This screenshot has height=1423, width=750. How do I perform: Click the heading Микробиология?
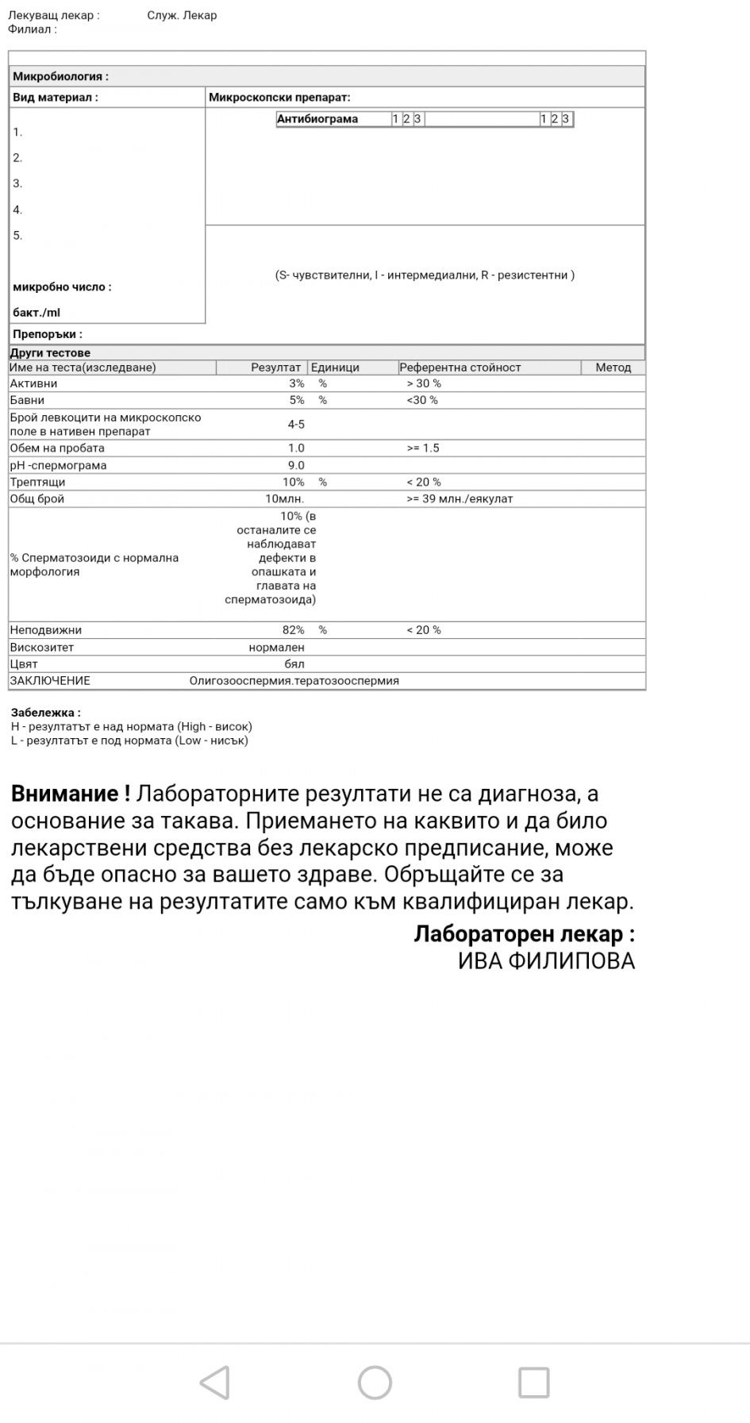60,76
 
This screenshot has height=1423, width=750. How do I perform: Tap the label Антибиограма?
317,119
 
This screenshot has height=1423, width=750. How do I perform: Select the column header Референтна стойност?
460,367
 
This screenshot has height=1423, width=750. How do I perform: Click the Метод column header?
613,367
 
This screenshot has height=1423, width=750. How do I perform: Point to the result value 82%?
293,630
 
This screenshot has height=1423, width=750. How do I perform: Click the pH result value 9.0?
296,465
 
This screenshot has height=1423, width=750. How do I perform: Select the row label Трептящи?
37,482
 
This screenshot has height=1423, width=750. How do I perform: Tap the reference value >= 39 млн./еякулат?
460,498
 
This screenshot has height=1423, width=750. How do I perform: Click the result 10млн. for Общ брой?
284,498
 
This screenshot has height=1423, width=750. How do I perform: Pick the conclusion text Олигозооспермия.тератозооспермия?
294,681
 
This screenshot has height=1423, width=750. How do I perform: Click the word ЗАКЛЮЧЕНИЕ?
50,681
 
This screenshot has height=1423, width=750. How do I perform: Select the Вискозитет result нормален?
276,648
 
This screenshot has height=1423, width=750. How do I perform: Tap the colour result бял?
294,664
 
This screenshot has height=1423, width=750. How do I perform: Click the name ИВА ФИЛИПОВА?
546,961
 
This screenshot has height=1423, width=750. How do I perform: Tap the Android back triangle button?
215,1382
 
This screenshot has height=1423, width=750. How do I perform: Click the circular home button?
375,1382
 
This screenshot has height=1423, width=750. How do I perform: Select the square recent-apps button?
533,1382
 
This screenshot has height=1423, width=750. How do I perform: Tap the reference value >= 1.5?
423,448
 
